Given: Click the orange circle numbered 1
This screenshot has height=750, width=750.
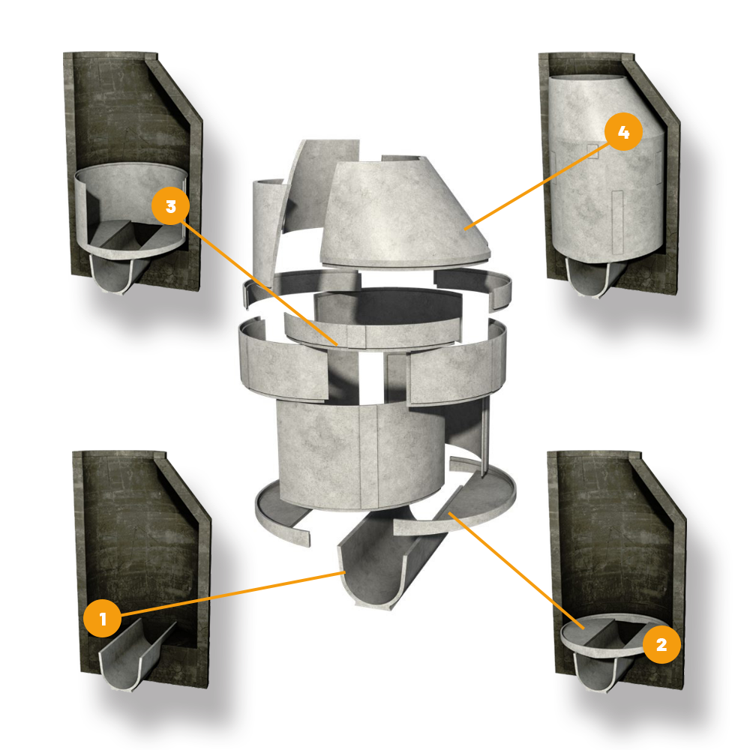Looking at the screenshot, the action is coord(102,618).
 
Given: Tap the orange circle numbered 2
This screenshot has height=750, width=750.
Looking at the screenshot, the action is coord(661,644).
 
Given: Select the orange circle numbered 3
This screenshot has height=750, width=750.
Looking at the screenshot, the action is coord(171,206).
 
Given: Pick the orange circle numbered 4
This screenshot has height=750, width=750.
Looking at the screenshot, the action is coord(623,132).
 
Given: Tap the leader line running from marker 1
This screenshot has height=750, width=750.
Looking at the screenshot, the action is coord(233,593).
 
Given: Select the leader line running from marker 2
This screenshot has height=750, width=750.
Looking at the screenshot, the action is coord(517,570).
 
